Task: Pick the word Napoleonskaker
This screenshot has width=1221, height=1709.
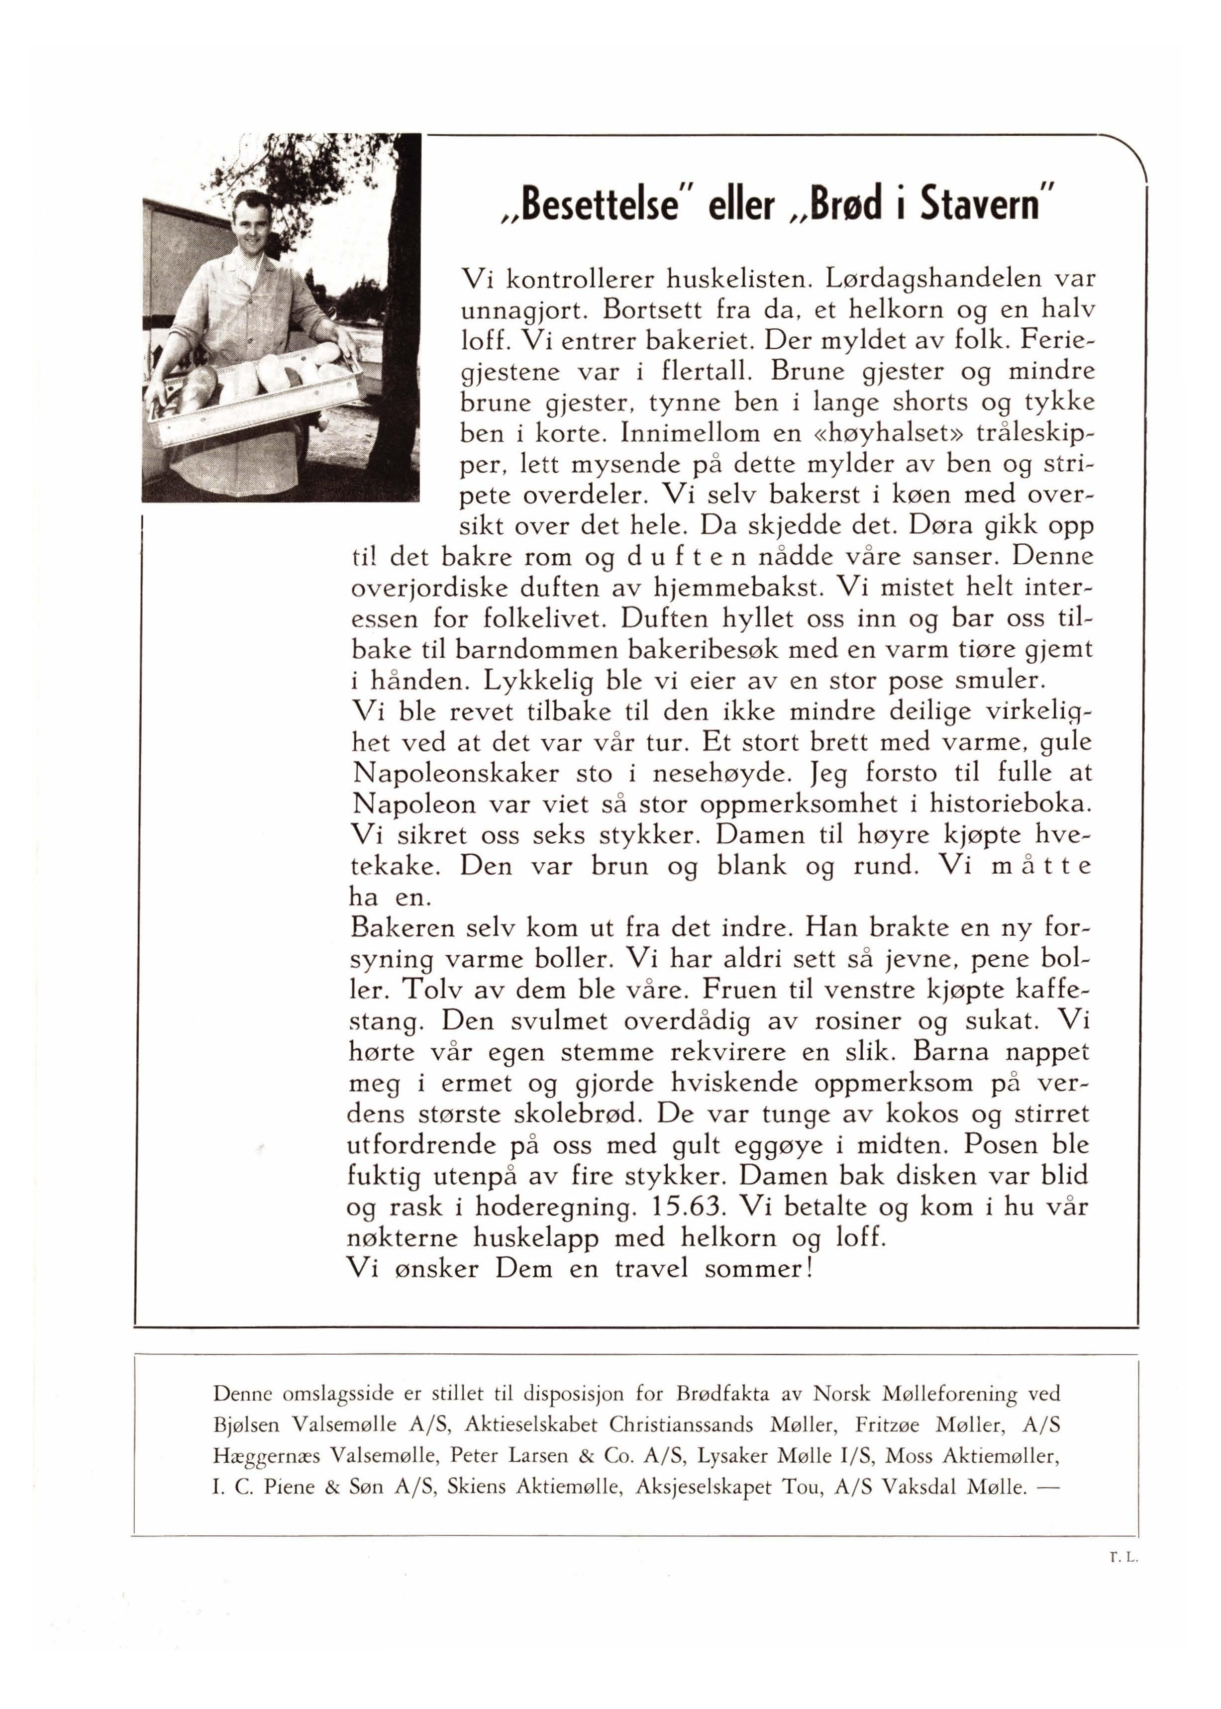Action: coord(456,774)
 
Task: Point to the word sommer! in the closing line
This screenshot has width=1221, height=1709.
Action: coord(759,1269)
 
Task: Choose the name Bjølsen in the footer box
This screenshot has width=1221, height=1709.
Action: coord(244,1425)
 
